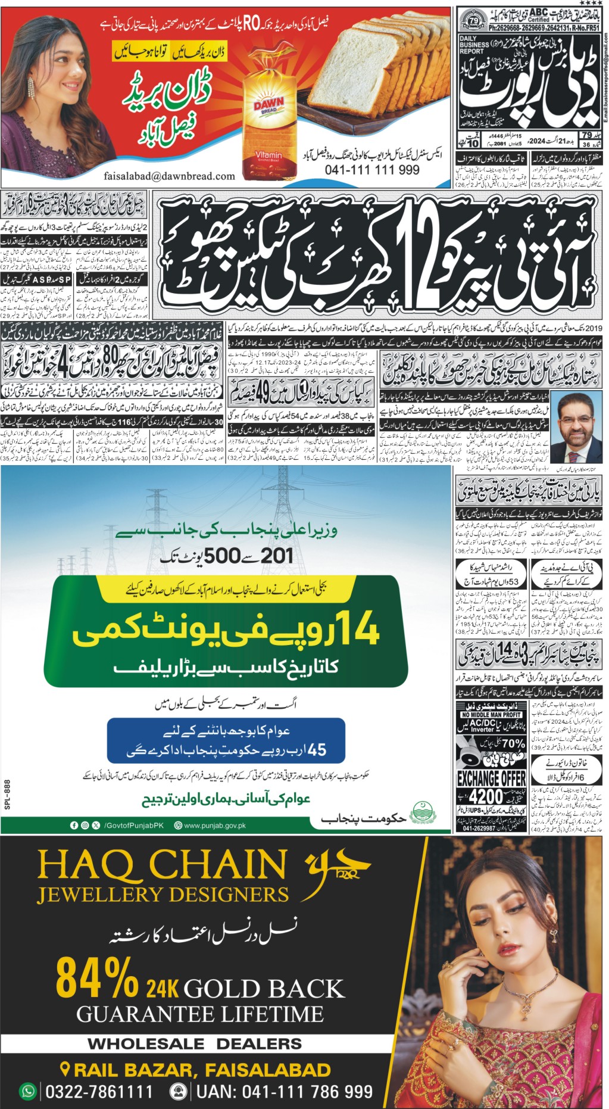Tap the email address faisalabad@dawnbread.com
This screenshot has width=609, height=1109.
pos(169,176)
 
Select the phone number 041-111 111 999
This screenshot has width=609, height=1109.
pos(372,170)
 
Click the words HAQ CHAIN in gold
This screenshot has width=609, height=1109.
pos(162,865)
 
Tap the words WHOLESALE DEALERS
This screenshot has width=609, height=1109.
pos(195,1044)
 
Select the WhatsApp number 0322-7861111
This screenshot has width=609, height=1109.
pos(99,1091)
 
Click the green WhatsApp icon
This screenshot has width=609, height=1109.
pos(28,1091)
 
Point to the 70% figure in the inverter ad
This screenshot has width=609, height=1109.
pos(513,744)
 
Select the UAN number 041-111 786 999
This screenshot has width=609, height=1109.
pos(285,1091)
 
